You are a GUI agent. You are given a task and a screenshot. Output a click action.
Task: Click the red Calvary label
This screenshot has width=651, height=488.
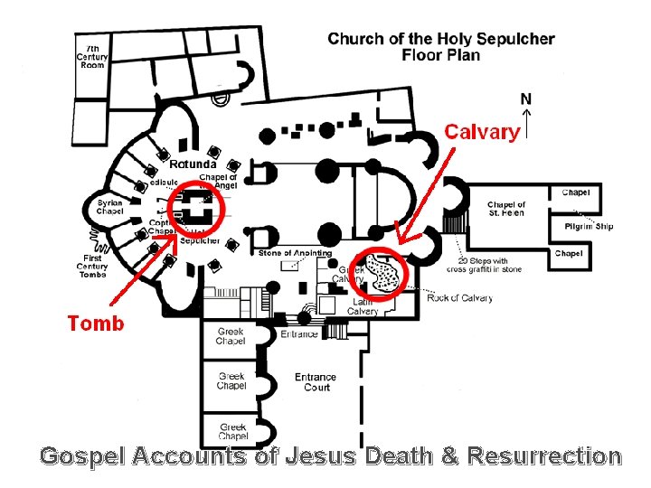coord(482,132)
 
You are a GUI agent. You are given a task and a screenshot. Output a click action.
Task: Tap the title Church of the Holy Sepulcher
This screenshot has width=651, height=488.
coord(441,39)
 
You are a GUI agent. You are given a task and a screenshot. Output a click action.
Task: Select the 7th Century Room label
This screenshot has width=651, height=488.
coord(92,56)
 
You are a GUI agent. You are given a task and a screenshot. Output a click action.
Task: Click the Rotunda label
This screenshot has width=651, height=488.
coord(193,164)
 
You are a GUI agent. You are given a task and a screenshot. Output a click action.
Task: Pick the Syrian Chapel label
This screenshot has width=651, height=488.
coord(109,207)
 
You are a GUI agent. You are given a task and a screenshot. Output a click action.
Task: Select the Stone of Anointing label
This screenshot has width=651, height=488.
coord(295,253)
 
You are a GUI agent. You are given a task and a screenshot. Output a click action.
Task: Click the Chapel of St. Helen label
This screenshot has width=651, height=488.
coord(506,209)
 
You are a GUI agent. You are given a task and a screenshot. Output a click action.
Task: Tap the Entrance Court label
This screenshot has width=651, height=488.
coord(315,382)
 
